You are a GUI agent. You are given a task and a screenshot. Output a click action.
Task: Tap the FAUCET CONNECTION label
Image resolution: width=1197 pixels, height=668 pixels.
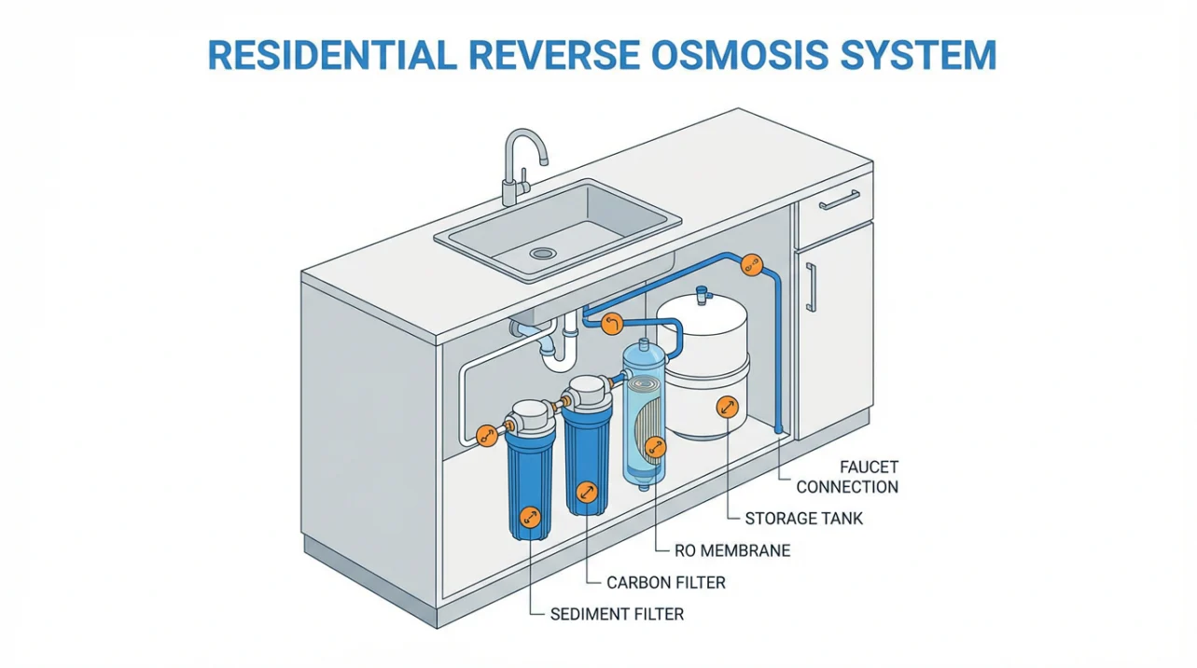point(846,476)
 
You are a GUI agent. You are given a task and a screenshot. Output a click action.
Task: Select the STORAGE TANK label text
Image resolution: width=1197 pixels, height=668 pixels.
point(804,518)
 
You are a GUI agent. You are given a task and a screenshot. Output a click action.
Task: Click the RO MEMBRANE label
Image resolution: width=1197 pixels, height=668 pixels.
point(732,550)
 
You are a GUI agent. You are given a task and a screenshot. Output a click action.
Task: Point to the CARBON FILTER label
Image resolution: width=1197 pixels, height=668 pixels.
point(665,582)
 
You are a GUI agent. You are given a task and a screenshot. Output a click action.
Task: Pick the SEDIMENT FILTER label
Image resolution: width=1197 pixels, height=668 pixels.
point(617,614)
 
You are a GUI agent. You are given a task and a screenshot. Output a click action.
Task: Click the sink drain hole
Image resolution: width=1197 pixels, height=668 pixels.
point(542,253)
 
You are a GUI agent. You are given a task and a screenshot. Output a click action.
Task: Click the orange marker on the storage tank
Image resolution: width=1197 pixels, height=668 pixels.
point(726,407)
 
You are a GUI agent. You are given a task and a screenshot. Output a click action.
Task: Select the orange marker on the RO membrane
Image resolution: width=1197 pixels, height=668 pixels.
point(656,448)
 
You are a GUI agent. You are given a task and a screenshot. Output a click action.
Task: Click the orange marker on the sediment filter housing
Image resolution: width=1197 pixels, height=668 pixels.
point(530,515)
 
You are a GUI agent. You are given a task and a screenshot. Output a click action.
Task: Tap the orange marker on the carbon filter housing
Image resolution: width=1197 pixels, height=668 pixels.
point(586,493)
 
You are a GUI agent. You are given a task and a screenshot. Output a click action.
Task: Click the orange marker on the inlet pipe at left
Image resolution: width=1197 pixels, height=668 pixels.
point(486,435)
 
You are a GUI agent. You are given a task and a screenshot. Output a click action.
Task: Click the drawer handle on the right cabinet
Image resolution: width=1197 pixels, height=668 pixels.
point(840,200)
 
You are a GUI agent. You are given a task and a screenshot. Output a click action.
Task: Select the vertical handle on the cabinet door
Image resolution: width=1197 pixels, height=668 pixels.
point(811,287)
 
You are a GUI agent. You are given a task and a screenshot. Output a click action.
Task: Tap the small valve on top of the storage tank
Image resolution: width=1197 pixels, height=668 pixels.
point(702,293)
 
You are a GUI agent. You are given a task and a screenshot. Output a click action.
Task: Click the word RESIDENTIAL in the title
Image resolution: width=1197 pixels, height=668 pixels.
point(341,54)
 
